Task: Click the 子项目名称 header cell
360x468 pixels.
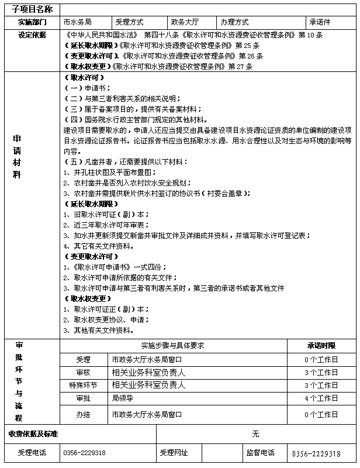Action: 32,10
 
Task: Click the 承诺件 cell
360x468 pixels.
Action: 320,22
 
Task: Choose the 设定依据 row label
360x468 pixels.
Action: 32,35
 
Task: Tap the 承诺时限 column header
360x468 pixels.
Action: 321,346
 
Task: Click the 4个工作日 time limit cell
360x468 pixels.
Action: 321,398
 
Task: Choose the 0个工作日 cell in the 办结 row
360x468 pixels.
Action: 321,414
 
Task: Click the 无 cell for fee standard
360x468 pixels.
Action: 255,434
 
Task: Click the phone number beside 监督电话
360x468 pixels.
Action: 316,453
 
